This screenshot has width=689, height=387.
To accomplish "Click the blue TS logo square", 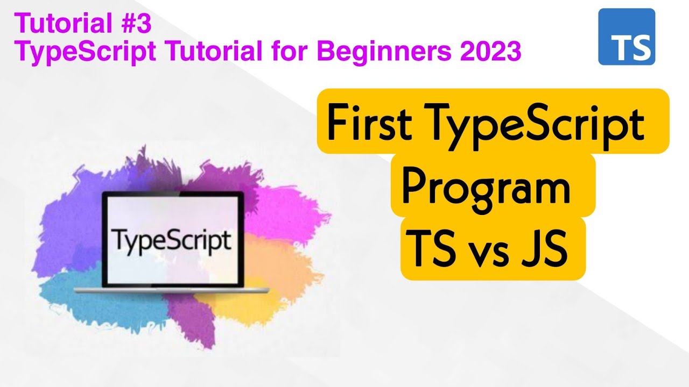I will pos(627,37).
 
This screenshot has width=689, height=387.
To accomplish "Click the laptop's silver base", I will pos(171,290).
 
